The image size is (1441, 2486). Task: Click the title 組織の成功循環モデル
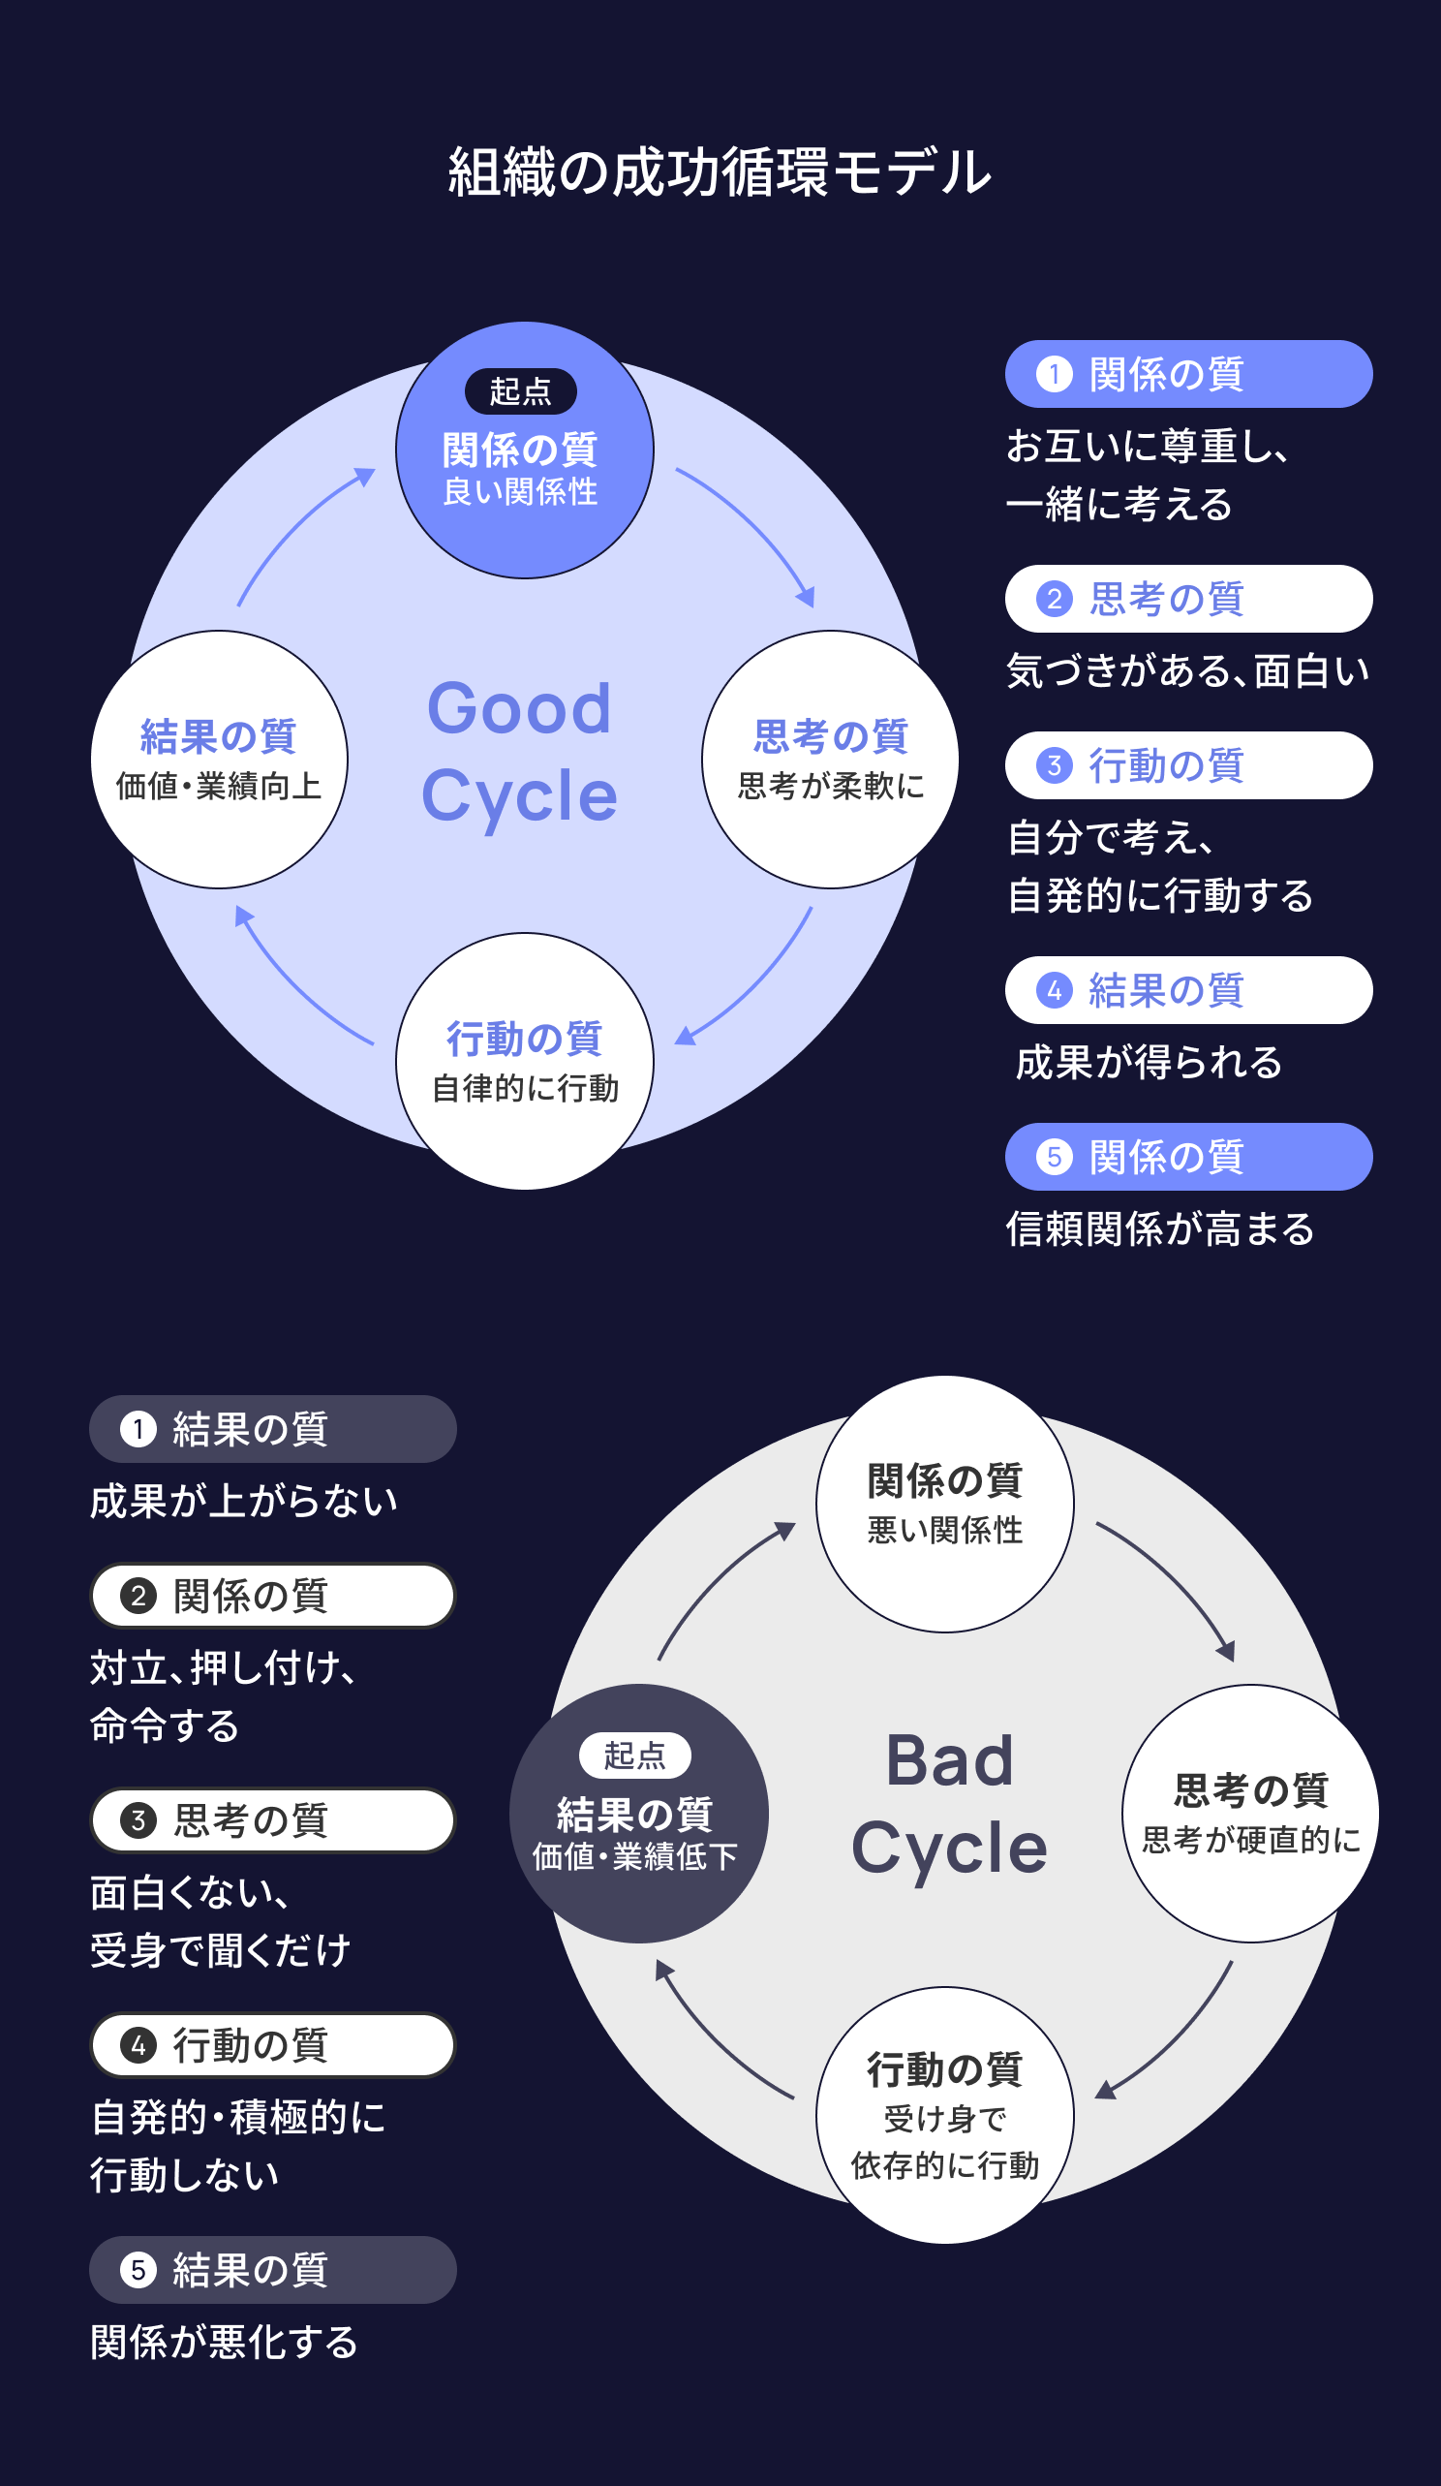[720, 172]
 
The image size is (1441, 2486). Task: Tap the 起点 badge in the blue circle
[521, 391]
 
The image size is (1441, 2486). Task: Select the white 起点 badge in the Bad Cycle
[634, 1755]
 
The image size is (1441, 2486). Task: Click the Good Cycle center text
[520, 752]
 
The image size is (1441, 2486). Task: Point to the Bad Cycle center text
[949, 1804]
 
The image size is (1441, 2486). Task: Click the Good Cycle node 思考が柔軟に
[831, 760]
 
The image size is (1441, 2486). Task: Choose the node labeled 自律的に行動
[525, 1062]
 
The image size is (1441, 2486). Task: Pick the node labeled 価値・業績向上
[219, 760]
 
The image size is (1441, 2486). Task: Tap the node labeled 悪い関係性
[945, 1504]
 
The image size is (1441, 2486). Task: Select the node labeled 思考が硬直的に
[1250, 1814]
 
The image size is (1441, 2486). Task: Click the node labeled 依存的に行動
[945, 2115]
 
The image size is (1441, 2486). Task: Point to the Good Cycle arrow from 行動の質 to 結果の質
[296, 982]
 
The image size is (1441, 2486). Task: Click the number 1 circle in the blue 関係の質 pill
[1055, 375]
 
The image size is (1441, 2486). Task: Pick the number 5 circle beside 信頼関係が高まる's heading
[1055, 1157]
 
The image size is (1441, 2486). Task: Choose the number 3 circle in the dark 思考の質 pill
[138, 1820]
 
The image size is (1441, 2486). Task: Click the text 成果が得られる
[1150, 1063]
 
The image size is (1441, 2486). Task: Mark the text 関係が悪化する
[224, 2342]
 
